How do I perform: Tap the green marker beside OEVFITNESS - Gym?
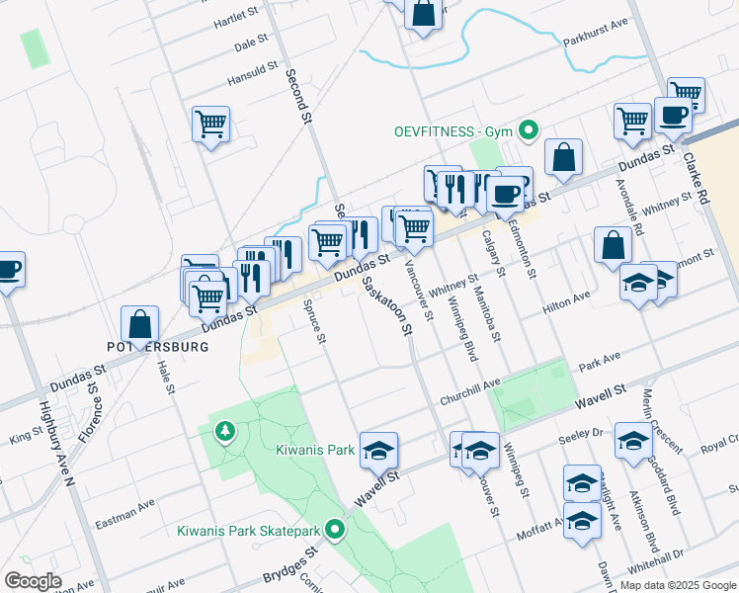pyautogui.click(x=529, y=129)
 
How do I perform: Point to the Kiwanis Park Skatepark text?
pyautogui.click(x=249, y=531)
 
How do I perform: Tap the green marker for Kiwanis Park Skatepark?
pyautogui.click(x=336, y=530)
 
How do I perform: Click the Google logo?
pyautogui.click(x=34, y=581)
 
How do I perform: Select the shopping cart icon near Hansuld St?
pyautogui.click(x=210, y=124)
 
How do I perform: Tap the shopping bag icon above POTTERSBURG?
pyautogui.click(x=140, y=323)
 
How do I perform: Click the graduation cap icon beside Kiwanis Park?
pyautogui.click(x=377, y=450)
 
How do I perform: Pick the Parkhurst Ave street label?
pyautogui.click(x=596, y=44)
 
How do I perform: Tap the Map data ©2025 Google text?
pyautogui.click(x=677, y=585)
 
